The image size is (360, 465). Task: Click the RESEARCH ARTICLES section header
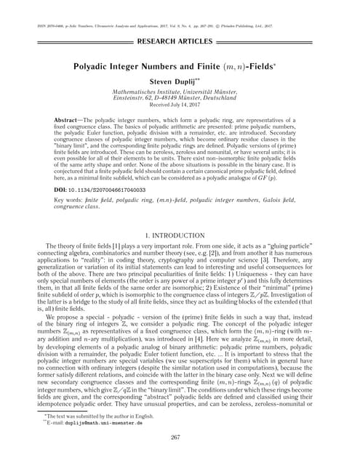tap(180, 41)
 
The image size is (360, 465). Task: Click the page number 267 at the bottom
tap(180, 437)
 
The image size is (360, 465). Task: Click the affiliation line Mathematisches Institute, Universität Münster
tap(180, 93)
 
